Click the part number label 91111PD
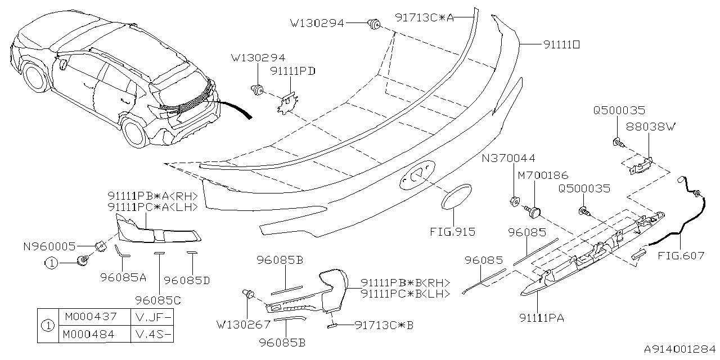(x=292, y=71)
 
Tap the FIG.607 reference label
(x=680, y=255)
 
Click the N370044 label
(x=508, y=159)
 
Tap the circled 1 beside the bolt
(x=51, y=262)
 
